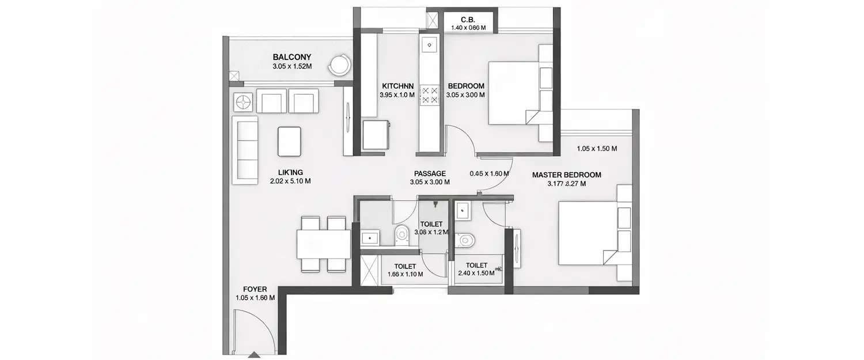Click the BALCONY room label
click(292, 57)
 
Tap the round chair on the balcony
click(339, 65)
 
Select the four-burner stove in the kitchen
click(429, 94)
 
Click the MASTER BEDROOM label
click(566, 175)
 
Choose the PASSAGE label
click(430, 173)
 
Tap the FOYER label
click(255, 289)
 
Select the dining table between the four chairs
click(323, 244)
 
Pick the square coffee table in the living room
click(289, 141)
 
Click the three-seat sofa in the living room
click(245, 150)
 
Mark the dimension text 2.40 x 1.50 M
click(475, 273)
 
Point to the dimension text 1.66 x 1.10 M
click(405, 274)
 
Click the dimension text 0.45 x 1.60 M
click(490, 173)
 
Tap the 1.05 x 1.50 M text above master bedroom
click(597, 149)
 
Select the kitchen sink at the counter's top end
click(430, 44)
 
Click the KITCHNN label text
click(397, 86)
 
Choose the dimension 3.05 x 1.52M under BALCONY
click(292, 66)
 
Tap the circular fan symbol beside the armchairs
click(242, 102)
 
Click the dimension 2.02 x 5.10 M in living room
click(290, 181)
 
